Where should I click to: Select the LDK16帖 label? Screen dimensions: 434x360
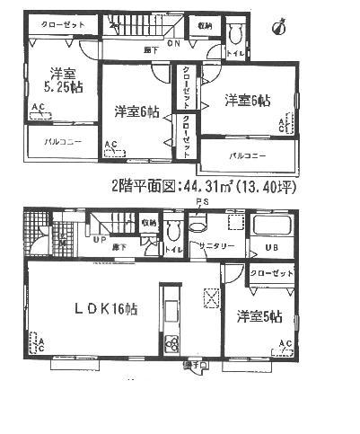pyautogui.click(x=99, y=307)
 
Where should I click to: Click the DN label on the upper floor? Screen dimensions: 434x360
pyautogui.click(x=171, y=41)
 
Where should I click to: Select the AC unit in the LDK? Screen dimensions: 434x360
pyautogui.click(x=40, y=342)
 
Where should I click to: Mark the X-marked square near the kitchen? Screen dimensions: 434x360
pyautogui.click(x=212, y=296)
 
